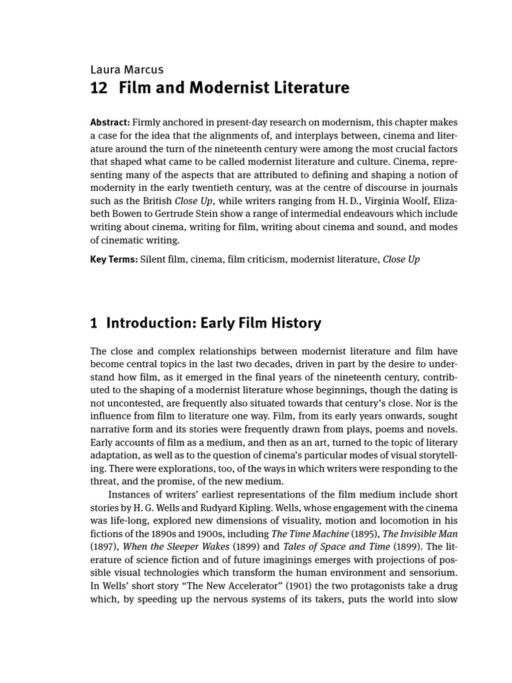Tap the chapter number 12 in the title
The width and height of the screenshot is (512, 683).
99,88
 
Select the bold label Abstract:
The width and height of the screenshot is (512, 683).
110,123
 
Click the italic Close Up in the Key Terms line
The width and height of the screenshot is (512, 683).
401,259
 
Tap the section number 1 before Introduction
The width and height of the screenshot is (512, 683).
94,323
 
